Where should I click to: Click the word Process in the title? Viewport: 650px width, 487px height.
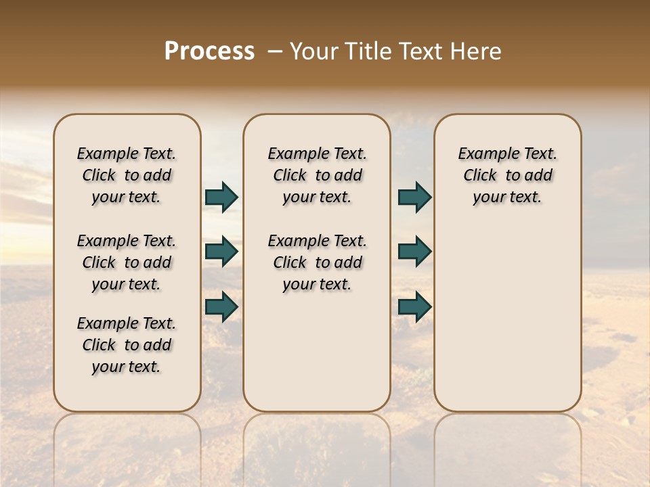click(x=209, y=51)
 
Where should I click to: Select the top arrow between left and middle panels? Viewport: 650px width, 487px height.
click(x=221, y=198)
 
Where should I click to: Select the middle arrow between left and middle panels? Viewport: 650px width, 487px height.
click(x=221, y=252)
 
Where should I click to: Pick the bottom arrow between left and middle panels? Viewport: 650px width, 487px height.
click(x=221, y=306)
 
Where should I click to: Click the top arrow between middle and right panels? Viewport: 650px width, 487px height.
click(x=414, y=198)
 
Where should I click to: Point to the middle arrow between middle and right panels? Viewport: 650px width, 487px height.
click(x=414, y=252)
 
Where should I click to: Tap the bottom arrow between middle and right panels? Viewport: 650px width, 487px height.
click(x=414, y=306)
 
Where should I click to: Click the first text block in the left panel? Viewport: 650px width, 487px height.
click(x=127, y=175)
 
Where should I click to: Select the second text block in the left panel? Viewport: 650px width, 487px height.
click(x=127, y=262)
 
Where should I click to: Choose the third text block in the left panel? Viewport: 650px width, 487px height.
click(x=127, y=345)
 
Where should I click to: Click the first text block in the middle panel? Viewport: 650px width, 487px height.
click(x=317, y=175)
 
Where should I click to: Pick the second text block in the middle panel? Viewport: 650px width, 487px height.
click(x=317, y=262)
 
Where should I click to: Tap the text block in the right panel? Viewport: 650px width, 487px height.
click(x=508, y=175)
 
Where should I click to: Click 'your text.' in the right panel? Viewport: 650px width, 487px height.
click(x=508, y=198)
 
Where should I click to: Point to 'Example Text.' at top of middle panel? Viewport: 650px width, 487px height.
click(x=317, y=154)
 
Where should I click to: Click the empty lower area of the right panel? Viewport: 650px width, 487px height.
click(x=508, y=325)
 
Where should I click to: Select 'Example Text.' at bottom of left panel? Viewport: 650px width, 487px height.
click(x=127, y=323)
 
